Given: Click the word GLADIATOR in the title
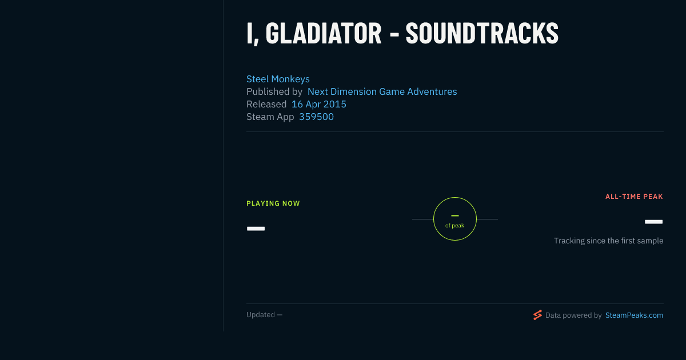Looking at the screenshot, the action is [324, 34].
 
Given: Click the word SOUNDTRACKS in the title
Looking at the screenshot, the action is [482, 34].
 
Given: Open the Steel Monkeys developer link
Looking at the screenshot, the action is [278, 79].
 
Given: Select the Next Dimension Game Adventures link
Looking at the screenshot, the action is [382, 91].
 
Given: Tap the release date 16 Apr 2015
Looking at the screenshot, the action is [319, 104].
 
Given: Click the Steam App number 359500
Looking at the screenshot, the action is [316, 117].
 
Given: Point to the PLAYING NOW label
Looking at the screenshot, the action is [273, 203].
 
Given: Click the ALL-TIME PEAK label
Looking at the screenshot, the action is [634, 197].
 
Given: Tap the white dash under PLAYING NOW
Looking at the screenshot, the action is [256, 229].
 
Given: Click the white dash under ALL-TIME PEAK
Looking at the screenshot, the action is [653, 222].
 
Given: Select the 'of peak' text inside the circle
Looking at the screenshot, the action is [455, 226].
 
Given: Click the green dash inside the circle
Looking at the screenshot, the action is [455, 216].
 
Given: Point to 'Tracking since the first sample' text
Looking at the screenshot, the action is [608, 241].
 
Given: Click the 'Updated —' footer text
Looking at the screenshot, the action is [264, 315].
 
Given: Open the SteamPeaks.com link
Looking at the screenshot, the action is [634, 315].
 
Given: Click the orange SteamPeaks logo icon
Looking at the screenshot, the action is [537, 315].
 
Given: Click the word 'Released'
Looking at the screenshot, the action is [266, 104].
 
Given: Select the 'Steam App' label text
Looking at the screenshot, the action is [270, 117].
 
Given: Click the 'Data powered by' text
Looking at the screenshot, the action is [573, 315].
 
